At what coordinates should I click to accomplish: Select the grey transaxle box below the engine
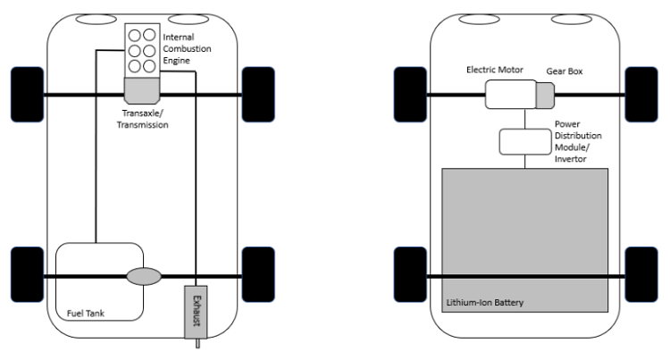(142, 90)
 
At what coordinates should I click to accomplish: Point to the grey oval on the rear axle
(142, 277)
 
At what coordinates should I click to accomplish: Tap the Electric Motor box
(509, 95)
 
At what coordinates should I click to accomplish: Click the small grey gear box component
(544, 94)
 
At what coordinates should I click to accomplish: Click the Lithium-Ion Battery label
(484, 303)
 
